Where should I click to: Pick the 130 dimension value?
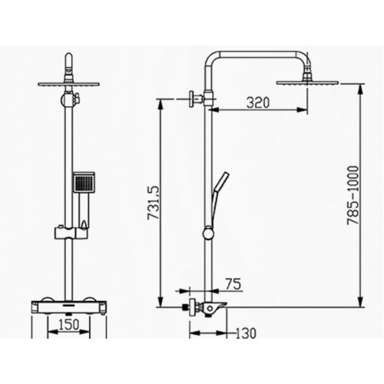246,333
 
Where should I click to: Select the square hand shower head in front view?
82,184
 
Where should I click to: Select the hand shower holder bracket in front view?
70,230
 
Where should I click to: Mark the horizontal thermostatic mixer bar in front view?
69,306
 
